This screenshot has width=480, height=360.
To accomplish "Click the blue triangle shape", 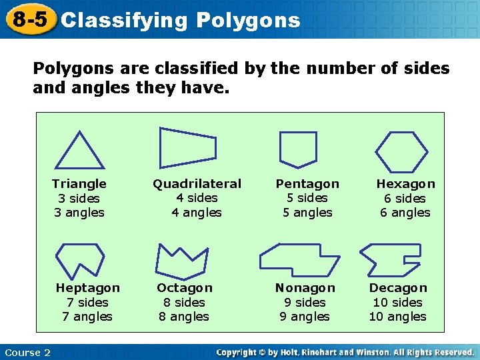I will coord(79,152).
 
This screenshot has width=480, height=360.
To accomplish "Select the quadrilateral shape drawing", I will coord(187,147).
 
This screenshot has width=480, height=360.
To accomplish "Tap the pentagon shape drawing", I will coord(297,148).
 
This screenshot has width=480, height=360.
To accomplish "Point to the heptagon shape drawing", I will coord(79,259).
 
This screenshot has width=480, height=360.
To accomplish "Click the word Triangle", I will coord(79,183).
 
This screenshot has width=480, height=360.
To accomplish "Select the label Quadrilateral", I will coord(197,183).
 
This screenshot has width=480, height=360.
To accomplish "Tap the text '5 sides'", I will coord(307,198).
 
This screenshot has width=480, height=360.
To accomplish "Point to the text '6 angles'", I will coord(405,213).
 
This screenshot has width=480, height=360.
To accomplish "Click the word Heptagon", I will coord(88,288).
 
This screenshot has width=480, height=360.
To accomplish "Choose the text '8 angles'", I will coord(184,317).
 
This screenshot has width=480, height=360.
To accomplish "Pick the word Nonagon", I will coord(305,288).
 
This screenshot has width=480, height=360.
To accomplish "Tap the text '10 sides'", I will coord(397,302).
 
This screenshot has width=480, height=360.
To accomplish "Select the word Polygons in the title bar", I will coord(248,21).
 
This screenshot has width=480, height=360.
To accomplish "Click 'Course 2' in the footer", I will coord(27,353).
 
